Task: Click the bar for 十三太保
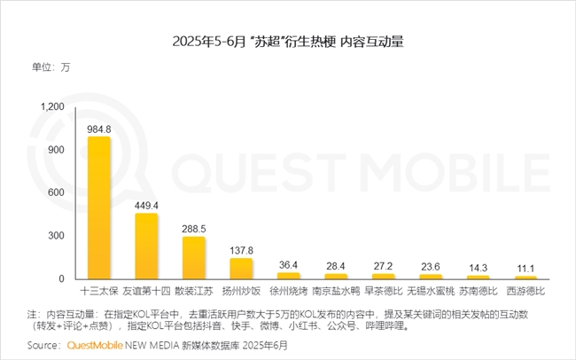[x=98, y=207]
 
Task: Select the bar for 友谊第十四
[x=146, y=246]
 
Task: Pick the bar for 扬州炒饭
[x=241, y=268]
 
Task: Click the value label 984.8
[x=98, y=128]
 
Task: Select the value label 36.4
[x=289, y=264]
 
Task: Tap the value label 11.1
[x=526, y=268]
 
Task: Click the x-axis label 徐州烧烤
[x=289, y=291]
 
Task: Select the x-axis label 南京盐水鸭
[x=337, y=291]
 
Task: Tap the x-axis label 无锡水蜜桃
[x=432, y=291]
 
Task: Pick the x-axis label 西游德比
[x=526, y=291]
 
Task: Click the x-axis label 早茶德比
[x=384, y=291]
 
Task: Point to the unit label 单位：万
[x=51, y=67]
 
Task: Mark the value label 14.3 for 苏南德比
[x=479, y=267]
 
